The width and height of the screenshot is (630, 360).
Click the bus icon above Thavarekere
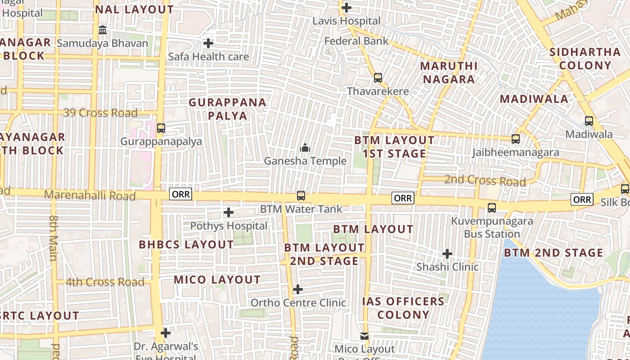[x=378, y=78]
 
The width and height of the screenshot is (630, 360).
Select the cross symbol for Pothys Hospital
[x=229, y=212]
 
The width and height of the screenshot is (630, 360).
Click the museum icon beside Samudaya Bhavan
[x=103, y=30]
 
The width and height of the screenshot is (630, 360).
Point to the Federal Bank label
[x=356, y=41]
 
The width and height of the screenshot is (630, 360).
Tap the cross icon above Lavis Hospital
[x=346, y=8]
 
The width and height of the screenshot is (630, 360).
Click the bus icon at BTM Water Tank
[x=301, y=196]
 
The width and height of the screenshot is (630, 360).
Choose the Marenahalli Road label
[x=90, y=196]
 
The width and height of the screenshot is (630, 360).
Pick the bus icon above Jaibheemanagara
[x=516, y=139]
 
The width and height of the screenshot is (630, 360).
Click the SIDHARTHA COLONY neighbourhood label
[x=585, y=58]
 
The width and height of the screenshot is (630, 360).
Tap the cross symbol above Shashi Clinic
[x=447, y=254]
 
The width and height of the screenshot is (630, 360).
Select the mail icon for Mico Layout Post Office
[x=364, y=336]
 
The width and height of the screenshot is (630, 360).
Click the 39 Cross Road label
[x=100, y=113]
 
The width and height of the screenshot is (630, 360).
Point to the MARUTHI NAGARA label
[x=448, y=72]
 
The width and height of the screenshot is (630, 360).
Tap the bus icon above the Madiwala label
[x=589, y=121]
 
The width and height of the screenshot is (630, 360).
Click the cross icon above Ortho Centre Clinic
[x=298, y=289]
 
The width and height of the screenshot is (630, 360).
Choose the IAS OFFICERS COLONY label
[x=404, y=308]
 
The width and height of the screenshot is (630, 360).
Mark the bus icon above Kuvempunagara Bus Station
[x=492, y=208]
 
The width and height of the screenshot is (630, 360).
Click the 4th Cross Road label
[x=105, y=283]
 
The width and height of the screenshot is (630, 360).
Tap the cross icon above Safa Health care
[x=208, y=43]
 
